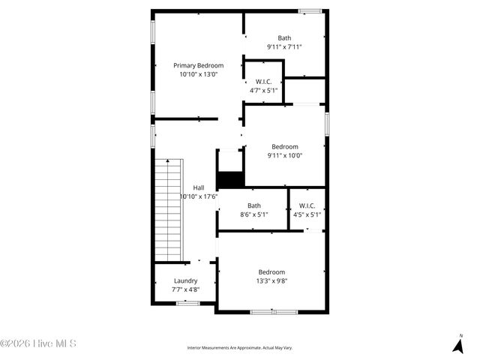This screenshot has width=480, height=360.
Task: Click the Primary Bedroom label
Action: (199, 65)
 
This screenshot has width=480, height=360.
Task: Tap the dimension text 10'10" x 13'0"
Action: (199, 74)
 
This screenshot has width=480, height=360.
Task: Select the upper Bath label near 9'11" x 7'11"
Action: (284, 38)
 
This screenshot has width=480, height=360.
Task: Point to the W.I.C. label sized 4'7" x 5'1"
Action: (263, 82)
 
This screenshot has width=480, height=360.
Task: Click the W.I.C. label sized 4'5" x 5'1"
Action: (307, 205)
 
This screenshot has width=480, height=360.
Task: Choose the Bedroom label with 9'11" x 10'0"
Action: (284, 147)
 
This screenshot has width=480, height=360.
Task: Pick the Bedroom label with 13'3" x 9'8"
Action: (271, 272)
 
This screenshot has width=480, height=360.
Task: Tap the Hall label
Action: (199, 187)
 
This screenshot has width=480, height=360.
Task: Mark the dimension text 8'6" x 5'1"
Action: (254, 214)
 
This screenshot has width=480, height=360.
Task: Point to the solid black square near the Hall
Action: (230, 180)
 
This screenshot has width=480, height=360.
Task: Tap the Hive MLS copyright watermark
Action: (38, 343)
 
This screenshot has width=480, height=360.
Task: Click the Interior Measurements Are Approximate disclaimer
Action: (240, 348)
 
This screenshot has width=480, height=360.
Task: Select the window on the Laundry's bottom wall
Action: (187, 303)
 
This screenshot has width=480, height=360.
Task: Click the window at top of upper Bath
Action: (310, 10)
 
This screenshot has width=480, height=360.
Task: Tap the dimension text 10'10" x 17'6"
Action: (199, 196)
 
